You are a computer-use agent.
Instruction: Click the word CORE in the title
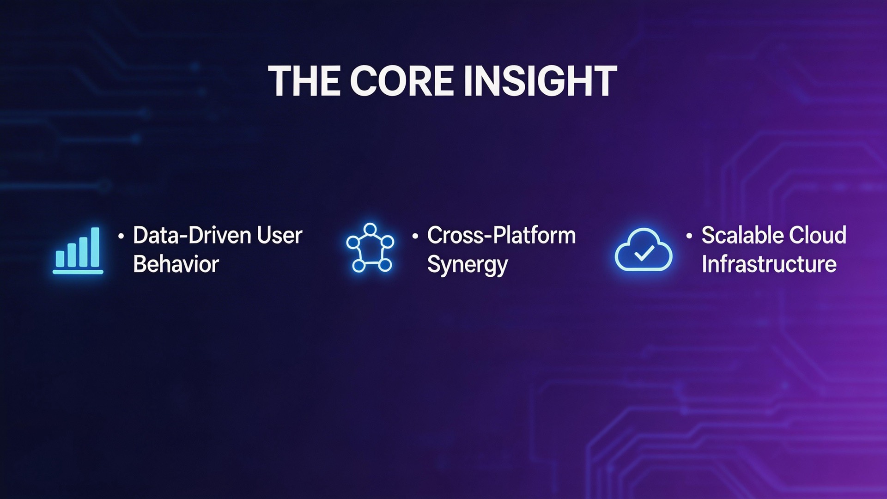click(402, 81)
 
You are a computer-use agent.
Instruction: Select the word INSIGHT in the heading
click(540, 81)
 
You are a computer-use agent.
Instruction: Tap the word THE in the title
click(305, 81)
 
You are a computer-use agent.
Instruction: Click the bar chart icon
click(78, 250)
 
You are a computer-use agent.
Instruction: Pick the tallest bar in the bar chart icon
click(95, 247)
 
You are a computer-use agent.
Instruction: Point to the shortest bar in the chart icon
click(60, 259)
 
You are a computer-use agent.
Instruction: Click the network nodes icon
click(370, 248)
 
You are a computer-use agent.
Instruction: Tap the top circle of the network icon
click(370, 229)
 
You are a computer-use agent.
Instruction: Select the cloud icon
click(643, 249)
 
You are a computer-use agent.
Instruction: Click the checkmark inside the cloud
click(644, 253)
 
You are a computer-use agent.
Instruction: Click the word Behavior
click(176, 264)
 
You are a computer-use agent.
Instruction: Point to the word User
click(279, 235)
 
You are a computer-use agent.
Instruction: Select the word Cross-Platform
click(501, 235)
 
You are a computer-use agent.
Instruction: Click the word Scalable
click(741, 235)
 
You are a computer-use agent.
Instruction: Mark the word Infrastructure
click(769, 264)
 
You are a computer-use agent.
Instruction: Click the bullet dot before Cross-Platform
click(415, 236)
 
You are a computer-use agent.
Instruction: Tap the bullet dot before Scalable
click(689, 236)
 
